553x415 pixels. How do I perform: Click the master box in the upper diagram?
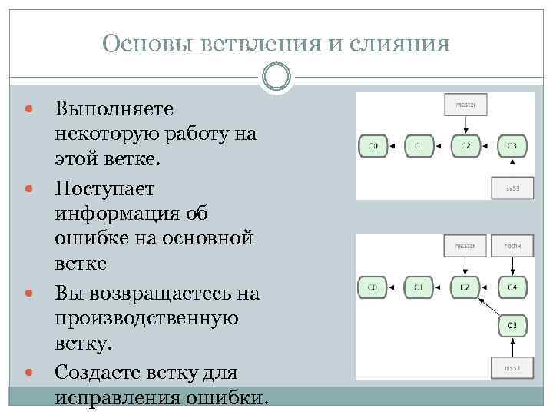(465, 105)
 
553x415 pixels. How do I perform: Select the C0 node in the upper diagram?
(373, 145)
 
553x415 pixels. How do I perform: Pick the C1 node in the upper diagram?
(419, 145)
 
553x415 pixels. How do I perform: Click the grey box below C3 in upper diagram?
(512, 188)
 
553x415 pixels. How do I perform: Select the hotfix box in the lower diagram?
(512, 246)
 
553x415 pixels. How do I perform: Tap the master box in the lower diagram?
(465, 246)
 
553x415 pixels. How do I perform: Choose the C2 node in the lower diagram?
(465, 288)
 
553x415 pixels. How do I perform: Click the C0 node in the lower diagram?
(373, 288)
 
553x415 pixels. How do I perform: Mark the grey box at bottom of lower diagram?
(512, 368)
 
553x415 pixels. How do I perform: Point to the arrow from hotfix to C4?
(512, 267)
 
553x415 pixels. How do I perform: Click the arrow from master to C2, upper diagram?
(465, 124)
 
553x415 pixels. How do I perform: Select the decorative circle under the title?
(276, 76)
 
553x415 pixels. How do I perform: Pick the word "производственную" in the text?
(147, 317)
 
